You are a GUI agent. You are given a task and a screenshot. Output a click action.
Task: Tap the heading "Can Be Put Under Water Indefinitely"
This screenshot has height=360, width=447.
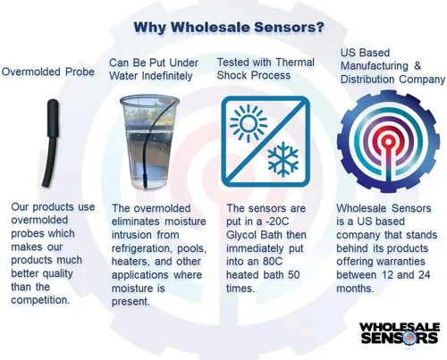coord(157,70)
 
